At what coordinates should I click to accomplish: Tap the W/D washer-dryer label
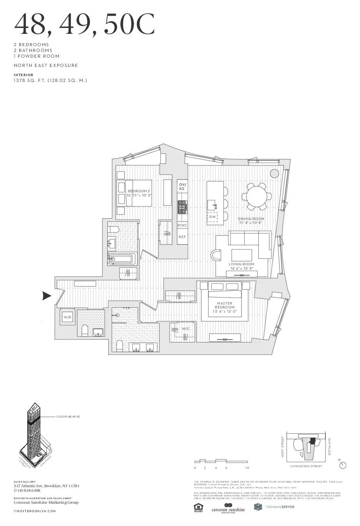coord(68,317)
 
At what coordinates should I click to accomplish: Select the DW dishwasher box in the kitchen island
coord(212,217)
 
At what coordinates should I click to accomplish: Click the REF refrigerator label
coord(182,237)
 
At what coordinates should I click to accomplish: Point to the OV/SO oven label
coord(182,186)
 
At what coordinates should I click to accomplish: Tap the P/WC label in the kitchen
coord(182,225)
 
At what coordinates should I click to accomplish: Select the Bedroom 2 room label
coord(138,191)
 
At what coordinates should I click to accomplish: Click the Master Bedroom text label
coord(225,305)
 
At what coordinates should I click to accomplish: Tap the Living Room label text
coord(242,264)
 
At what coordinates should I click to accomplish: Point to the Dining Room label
coord(251,219)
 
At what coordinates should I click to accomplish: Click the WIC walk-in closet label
coord(186,329)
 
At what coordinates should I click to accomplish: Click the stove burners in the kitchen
coord(182,207)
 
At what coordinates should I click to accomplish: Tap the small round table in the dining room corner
coord(274,173)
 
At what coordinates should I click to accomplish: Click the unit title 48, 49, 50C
coord(84,24)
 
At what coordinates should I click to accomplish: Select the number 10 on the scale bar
coord(247,468)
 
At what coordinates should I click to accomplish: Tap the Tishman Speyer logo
coord(274,507)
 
